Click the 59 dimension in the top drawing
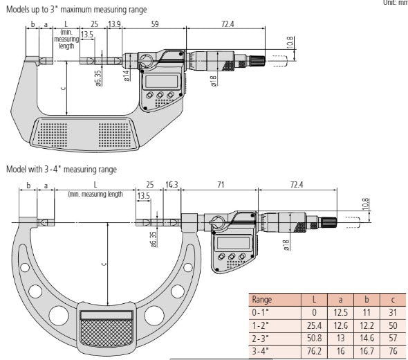(156, 24)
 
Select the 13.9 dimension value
(115, 24)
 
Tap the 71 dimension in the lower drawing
(220, 185)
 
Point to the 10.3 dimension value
(172, 185)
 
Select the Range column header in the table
(263, 300)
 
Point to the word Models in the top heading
(20, 8)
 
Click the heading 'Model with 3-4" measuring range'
(62, 169)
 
